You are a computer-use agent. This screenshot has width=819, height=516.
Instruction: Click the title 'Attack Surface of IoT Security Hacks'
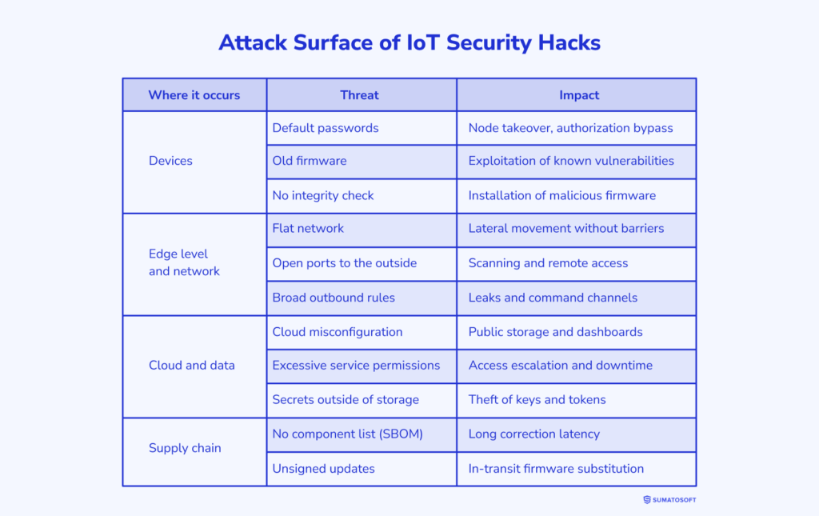pos(409,42)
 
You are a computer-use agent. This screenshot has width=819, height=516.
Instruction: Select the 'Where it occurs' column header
pos(194,95)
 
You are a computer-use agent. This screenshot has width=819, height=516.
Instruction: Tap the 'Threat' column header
pos(360,95)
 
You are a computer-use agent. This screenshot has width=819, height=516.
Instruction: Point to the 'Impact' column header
pos(579,95)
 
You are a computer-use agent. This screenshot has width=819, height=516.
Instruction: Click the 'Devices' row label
pos(170,161)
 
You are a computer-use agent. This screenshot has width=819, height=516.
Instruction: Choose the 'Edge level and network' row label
pos(184,262)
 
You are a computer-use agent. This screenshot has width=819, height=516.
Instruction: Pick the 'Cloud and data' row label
pos(192,366)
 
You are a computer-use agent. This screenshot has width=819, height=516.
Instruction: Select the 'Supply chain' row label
pos(185,448)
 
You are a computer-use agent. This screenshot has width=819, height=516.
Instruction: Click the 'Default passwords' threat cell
pos(326,128)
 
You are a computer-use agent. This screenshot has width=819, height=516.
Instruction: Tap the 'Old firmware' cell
pos(310,161)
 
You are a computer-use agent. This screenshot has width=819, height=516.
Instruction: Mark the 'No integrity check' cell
pos(323,195)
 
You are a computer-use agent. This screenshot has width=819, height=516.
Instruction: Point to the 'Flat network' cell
pos(308,229)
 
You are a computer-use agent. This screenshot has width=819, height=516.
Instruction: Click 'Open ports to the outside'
pos(345,263)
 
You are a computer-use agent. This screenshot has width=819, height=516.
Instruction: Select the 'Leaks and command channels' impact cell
pos(553,298)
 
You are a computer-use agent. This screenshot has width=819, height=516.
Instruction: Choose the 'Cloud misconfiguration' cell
pos(338,332)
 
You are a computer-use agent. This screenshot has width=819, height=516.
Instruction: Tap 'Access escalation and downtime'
pos(561,366)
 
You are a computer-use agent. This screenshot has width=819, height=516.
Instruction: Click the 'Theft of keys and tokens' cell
pos(537,400)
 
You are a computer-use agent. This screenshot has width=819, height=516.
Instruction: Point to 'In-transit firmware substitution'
pos(556,469)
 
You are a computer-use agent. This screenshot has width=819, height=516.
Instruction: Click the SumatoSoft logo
pos(669,500)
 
